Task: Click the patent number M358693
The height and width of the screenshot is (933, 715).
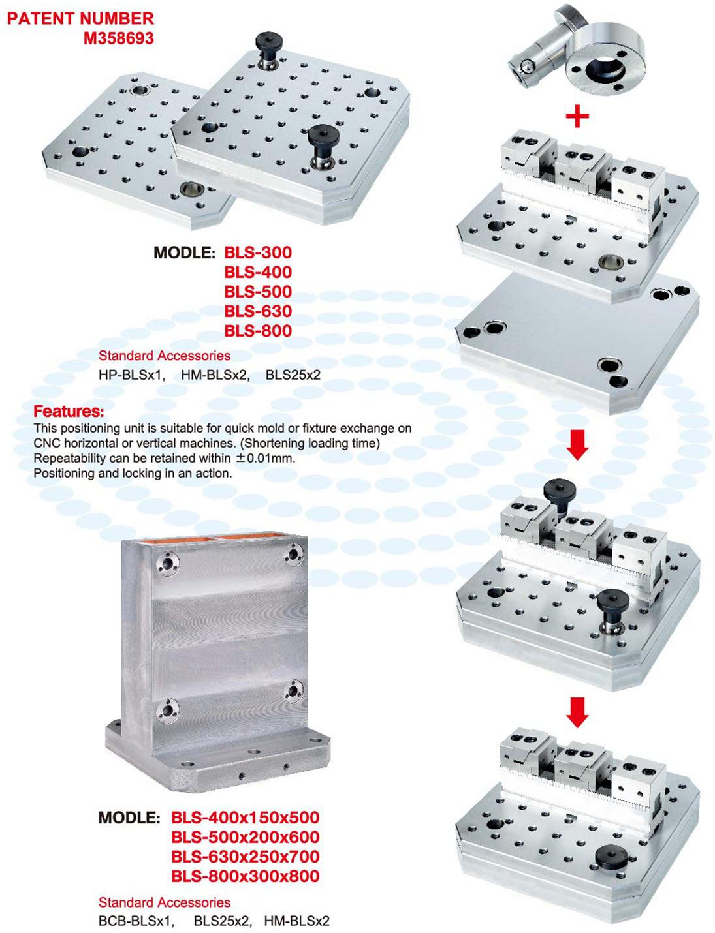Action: pyautogui.click(x=119, y=38)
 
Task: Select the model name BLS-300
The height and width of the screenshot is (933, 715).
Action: pyautogui.click(x=258, y=252)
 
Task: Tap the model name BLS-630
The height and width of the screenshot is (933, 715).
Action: pyautogui.click(x=258, y=311)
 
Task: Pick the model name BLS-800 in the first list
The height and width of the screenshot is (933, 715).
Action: pyautogui.click(x=258, y=331)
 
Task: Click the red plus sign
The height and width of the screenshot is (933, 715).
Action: pyautogui.click(x=577, y=116)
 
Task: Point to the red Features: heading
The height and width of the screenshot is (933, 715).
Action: pyautogui.click(x=69, y=411)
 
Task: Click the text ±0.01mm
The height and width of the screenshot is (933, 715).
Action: pyautogui.click(x=265, y=458)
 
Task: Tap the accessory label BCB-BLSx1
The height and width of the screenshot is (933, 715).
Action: pyautogui.click(x=136, y=921)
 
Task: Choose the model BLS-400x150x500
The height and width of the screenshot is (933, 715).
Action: pyautogui.click(x=246, y=817)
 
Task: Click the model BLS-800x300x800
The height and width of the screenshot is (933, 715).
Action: pyautogui.click(x=246, y=876)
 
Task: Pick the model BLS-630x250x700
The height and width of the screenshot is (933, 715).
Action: pyautogui.click(x=246, y=857)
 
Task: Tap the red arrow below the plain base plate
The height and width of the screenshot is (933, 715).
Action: pyautogui.click(x=577, y=445)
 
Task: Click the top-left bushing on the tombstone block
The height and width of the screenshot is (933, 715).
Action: pyautogui.click(x=168, y=563)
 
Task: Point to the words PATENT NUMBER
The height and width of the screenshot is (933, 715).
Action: pyautogui.click(x=81, y=19)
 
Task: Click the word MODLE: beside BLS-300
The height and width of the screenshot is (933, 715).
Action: pyautogui.click(x=184, y=252)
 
